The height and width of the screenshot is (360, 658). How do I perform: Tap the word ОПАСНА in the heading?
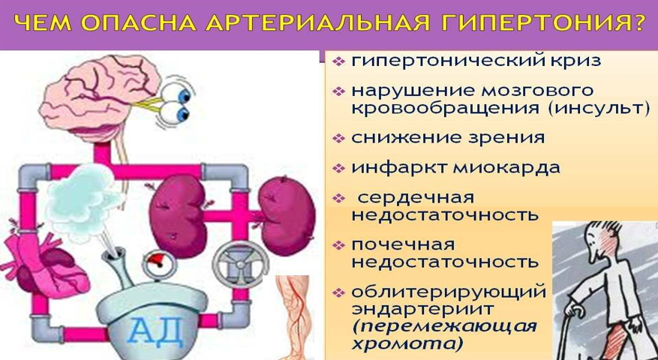pos(139,23)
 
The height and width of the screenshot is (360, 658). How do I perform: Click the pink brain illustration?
pos(99,98)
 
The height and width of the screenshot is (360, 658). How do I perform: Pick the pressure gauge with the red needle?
pos(161,262)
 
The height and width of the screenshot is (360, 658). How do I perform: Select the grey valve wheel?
pos(240,264)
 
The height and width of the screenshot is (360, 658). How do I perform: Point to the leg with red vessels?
pos(294,316)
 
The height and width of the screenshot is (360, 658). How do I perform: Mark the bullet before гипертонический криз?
pos(338,61)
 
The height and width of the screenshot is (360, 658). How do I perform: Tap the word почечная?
pos(403,244)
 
